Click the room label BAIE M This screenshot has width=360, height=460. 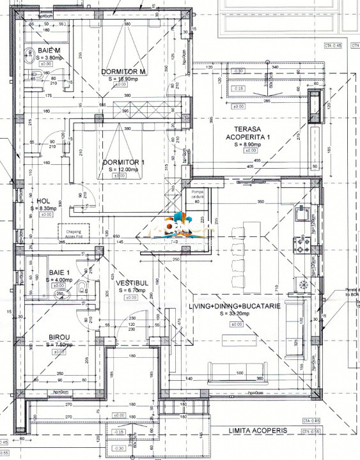pyautogui.click(x=49, y=50)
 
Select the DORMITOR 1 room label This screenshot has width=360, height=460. pyautogui.click(x=124, y=162)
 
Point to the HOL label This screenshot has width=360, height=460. pyautogui.click(x=43, y=201)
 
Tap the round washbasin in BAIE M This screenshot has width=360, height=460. pyautogui.click(x=29, y=55)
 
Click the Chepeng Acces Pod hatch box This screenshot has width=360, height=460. pyautogui.click(x=74, y=231)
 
